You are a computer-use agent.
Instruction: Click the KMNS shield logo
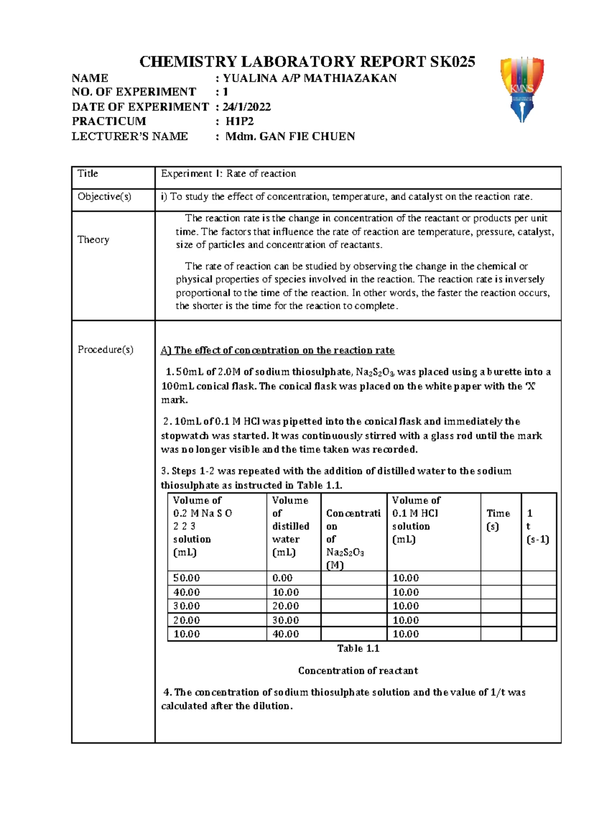click(522, 88)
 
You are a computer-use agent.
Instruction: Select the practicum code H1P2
click(240, 121)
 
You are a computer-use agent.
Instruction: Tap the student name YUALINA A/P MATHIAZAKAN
click(309, 78)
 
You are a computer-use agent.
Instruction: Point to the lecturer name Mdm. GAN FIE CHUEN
click(290, 136)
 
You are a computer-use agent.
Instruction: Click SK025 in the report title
click(452, 61)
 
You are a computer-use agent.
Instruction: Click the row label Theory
click(93, 240)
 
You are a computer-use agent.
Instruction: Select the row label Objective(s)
click(104, 197)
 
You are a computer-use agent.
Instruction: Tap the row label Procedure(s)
click(105, 350)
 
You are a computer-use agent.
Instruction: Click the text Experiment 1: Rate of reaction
click(228, 174)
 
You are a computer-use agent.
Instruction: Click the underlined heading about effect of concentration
click(278, 351)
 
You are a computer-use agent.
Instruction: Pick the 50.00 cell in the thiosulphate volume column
click(187, 578)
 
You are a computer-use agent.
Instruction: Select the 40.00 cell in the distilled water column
click(286, 634)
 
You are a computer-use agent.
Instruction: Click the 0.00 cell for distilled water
click(283, 578)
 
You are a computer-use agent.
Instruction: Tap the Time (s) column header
click(498, 520)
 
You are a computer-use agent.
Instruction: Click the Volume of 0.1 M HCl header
click(416, 520)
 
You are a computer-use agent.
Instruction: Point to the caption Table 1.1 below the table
click(358, 648)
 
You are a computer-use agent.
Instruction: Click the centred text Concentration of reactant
click(358, 671)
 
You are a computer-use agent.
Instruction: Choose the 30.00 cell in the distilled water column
click(286, 620)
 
